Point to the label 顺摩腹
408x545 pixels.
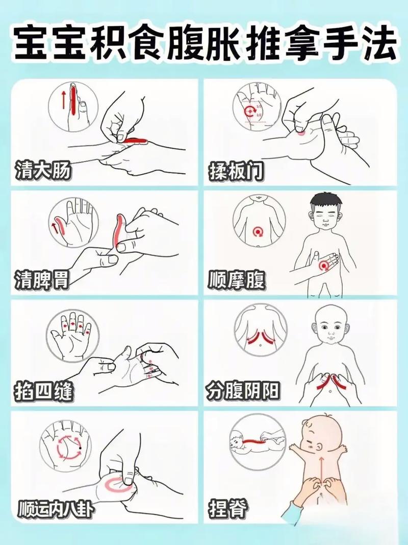236,279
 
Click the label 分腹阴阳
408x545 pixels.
244,392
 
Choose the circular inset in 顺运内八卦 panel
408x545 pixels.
66,445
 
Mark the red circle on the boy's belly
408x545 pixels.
323,266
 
